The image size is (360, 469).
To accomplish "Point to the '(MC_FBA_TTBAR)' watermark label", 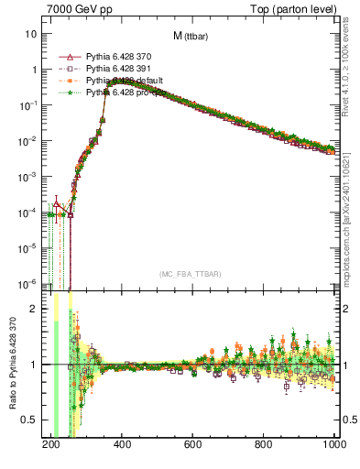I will (190, 274).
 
